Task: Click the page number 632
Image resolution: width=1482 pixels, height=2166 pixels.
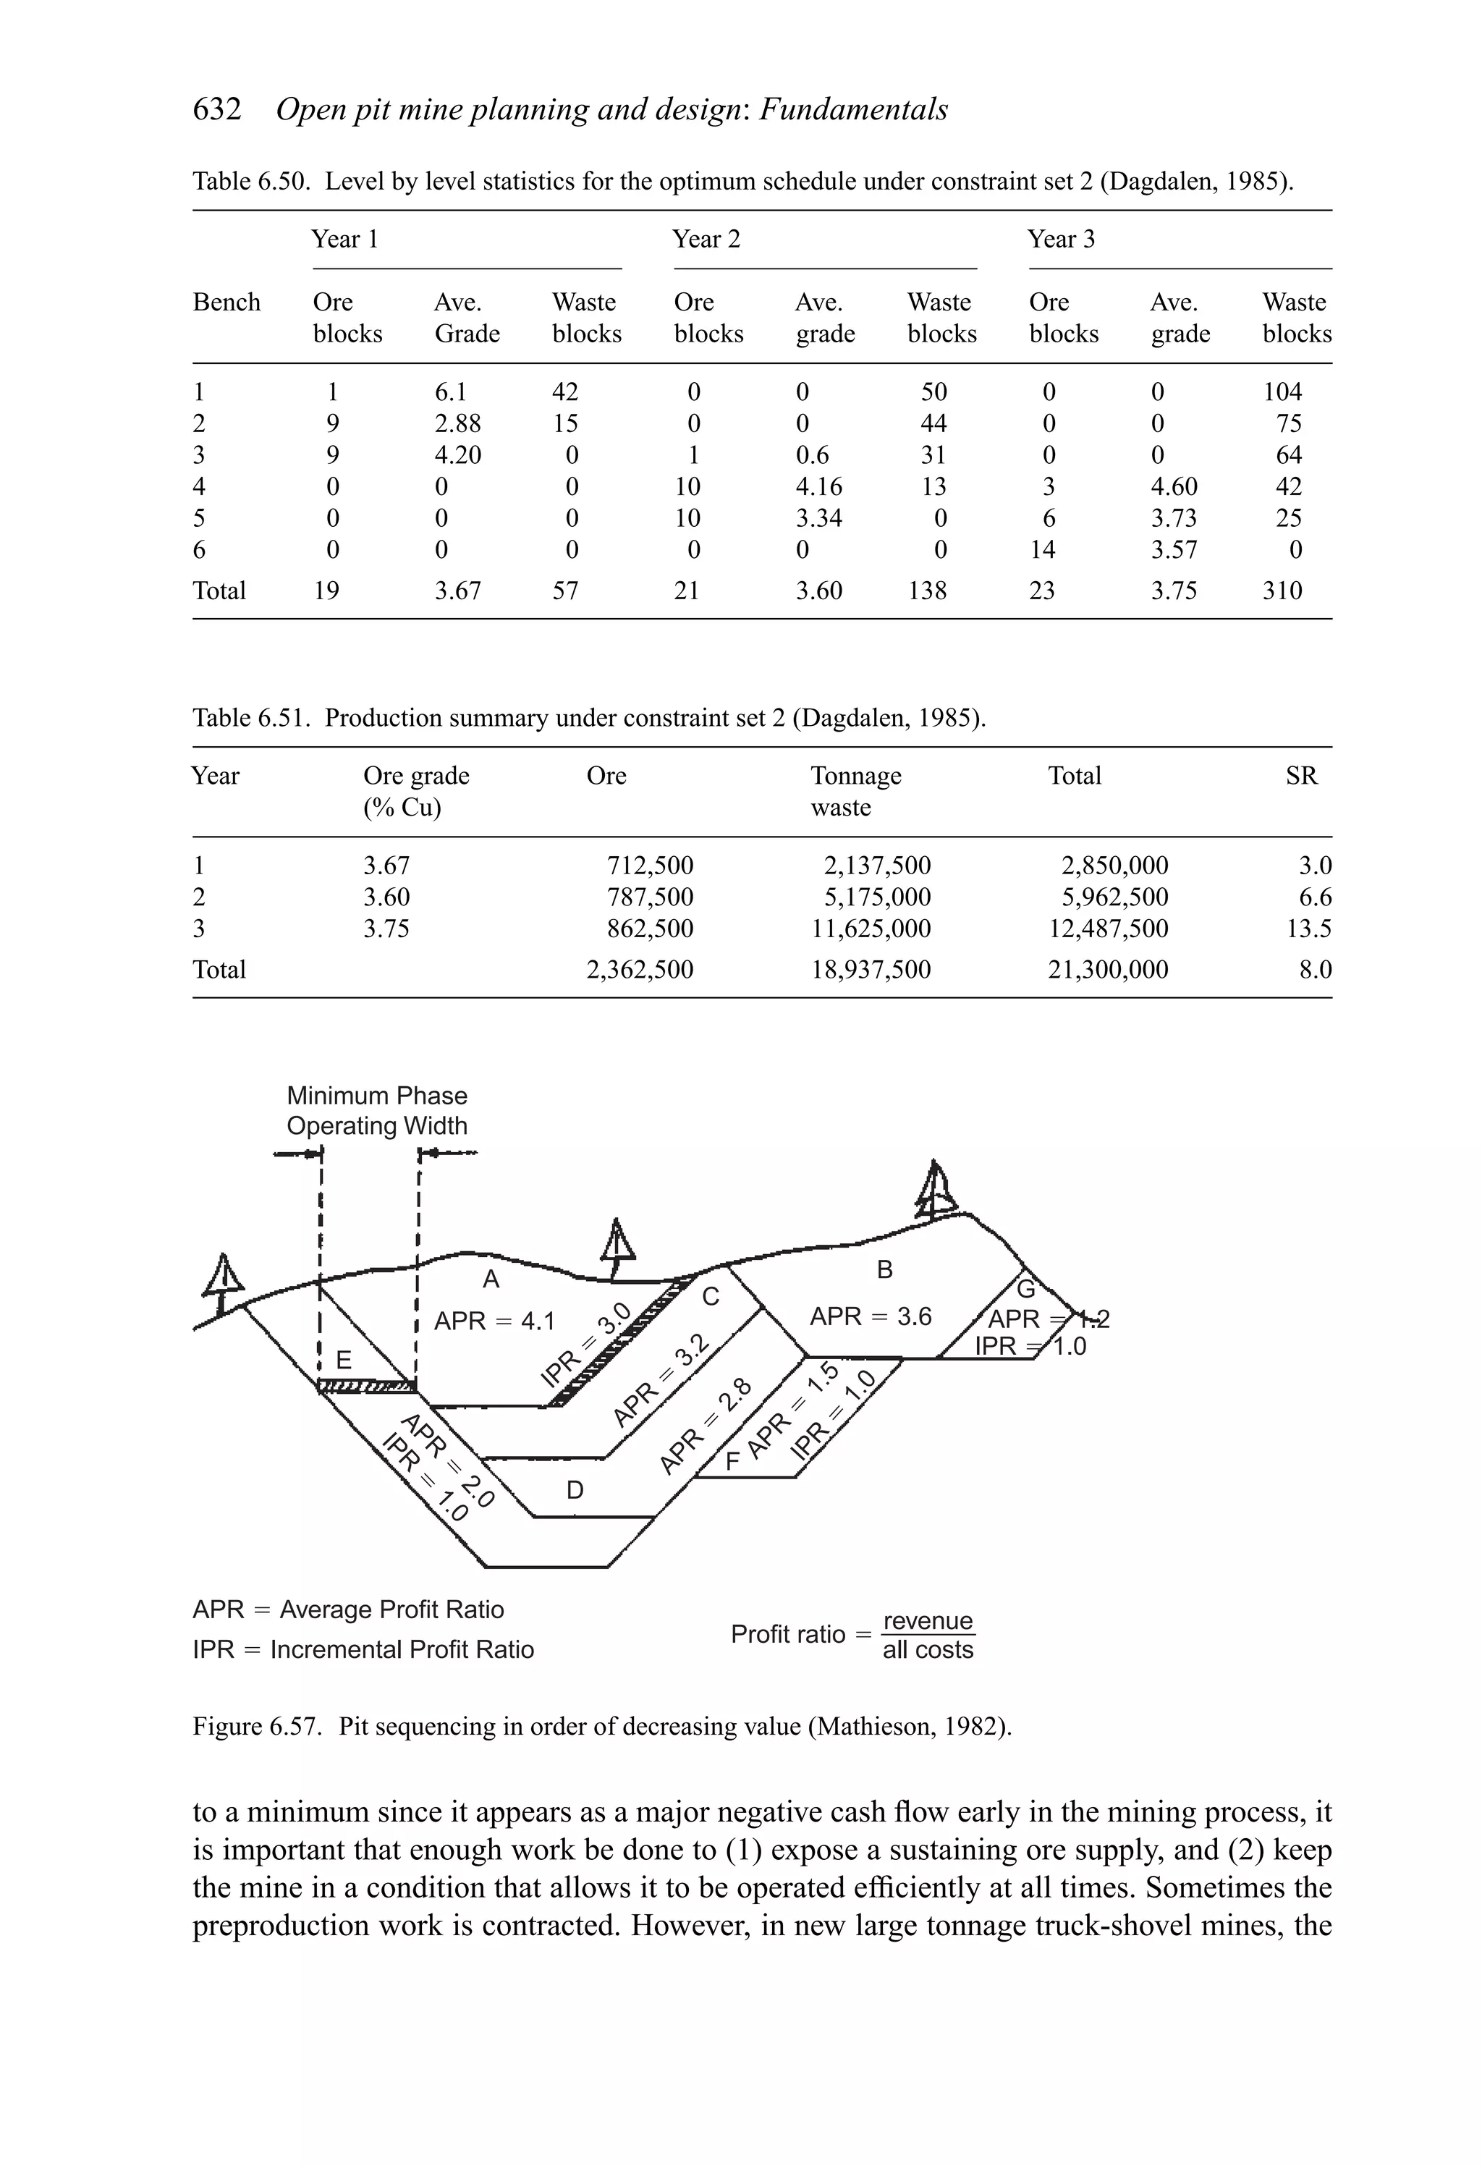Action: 216,110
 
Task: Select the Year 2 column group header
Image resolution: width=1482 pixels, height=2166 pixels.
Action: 706,240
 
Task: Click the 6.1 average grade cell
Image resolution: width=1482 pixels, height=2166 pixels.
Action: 451,392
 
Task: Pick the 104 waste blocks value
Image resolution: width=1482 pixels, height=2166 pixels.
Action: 1282,392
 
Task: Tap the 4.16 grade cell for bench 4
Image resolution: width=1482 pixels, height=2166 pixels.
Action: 818,486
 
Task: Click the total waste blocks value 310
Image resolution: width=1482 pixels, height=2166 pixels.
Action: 1282,591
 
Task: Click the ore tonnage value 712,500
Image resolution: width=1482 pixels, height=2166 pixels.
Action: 650,865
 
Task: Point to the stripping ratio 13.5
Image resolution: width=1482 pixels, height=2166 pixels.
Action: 1314,928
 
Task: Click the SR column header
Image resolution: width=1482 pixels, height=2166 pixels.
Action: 1301,776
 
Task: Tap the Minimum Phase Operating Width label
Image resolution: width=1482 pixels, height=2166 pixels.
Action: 376,1110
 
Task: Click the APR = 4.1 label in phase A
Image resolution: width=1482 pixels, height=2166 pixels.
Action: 494,1321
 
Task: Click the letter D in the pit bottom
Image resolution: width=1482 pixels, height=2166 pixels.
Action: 575,1490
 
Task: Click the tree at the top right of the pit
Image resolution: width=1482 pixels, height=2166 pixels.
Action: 936,1192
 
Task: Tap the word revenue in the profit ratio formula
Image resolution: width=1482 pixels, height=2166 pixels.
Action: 928,1621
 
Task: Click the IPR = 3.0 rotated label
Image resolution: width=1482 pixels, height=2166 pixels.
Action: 586,1346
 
